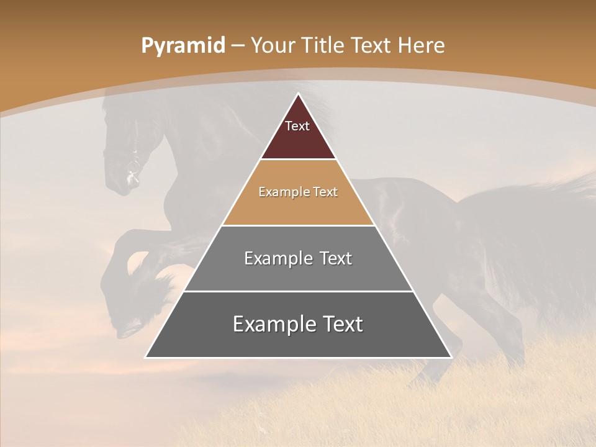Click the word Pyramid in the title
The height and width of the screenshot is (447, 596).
(183, 46)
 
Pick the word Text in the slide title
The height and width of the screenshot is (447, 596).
(372, 45)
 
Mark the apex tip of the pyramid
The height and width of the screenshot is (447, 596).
(298, 94)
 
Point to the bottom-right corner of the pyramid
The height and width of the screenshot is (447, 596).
(450, 357)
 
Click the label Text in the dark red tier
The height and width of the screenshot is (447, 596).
(297, 126)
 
